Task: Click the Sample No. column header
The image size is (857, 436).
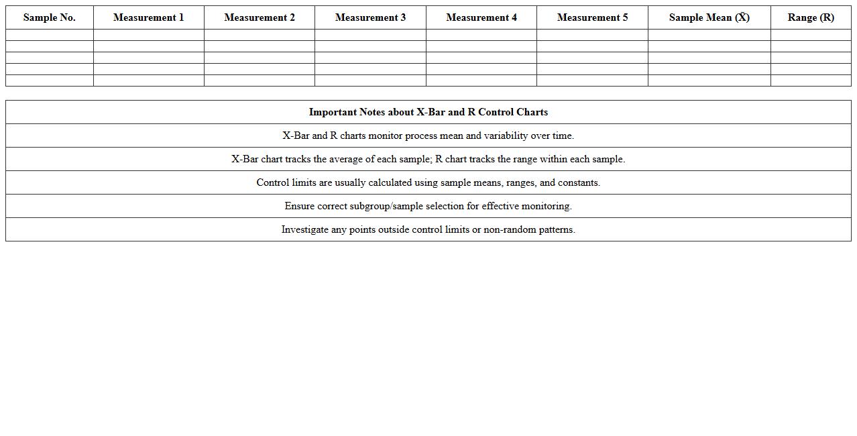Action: tap(49, 17)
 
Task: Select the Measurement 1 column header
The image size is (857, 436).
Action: tap(148, 17)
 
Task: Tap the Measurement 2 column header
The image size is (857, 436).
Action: tap(260, 17)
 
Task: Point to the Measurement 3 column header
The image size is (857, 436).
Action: tap(370, 17)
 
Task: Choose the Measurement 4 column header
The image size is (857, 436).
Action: tap(481, 17)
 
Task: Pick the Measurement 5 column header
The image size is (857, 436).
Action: tap(592, 17)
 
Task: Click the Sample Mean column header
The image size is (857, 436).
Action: tap(709, 17)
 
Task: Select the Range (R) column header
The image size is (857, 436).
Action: tap(811, 17)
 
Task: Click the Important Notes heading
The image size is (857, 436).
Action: tap(428, 112)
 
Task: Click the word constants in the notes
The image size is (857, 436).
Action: tap(579, 182)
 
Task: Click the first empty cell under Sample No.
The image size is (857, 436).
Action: tap(49, 35)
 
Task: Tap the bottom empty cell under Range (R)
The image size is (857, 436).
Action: tap(811, 80)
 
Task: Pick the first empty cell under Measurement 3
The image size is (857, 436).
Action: tap(370, 35)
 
